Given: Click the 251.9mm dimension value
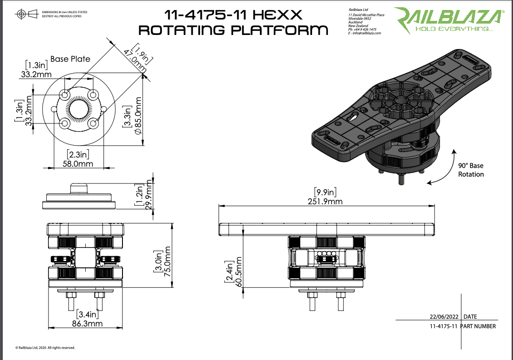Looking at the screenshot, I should [x=325, y=202].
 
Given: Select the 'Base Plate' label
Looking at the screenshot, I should [x=70, y=59].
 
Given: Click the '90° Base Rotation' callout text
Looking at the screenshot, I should [x=471, y=170].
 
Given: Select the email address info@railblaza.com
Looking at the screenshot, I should [x=366, y=33].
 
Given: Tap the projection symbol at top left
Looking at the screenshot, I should [x=27, y=15].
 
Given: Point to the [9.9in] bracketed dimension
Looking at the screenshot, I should [x=325, y=192].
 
